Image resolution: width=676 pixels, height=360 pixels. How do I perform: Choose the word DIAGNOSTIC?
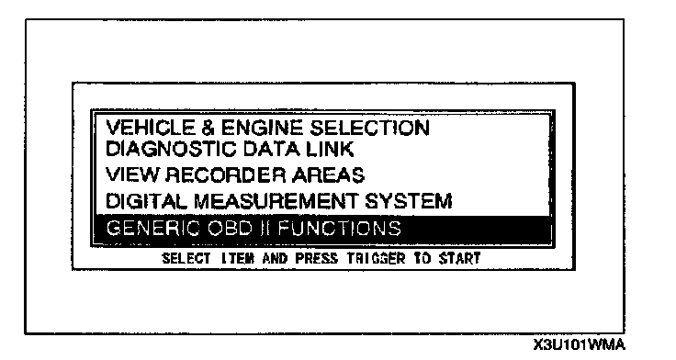tap(171, 149)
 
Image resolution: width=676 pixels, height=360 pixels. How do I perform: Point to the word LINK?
tap(330, 149)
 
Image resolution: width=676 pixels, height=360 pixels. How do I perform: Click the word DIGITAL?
tap(146, 201)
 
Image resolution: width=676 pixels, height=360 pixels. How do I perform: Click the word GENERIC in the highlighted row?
tap(153, 228)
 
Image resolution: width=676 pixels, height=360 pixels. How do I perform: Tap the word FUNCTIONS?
tap(340, 228)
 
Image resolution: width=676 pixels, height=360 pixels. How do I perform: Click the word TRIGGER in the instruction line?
tap(377, 258)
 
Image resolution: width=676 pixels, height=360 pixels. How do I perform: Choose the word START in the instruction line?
tap(459, 258)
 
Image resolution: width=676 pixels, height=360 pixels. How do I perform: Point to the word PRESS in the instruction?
tap(317, 258)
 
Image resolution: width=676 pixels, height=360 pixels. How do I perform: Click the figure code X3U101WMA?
tap(579, 345)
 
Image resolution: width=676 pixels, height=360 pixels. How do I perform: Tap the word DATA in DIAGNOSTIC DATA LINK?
tap(271, 149)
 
